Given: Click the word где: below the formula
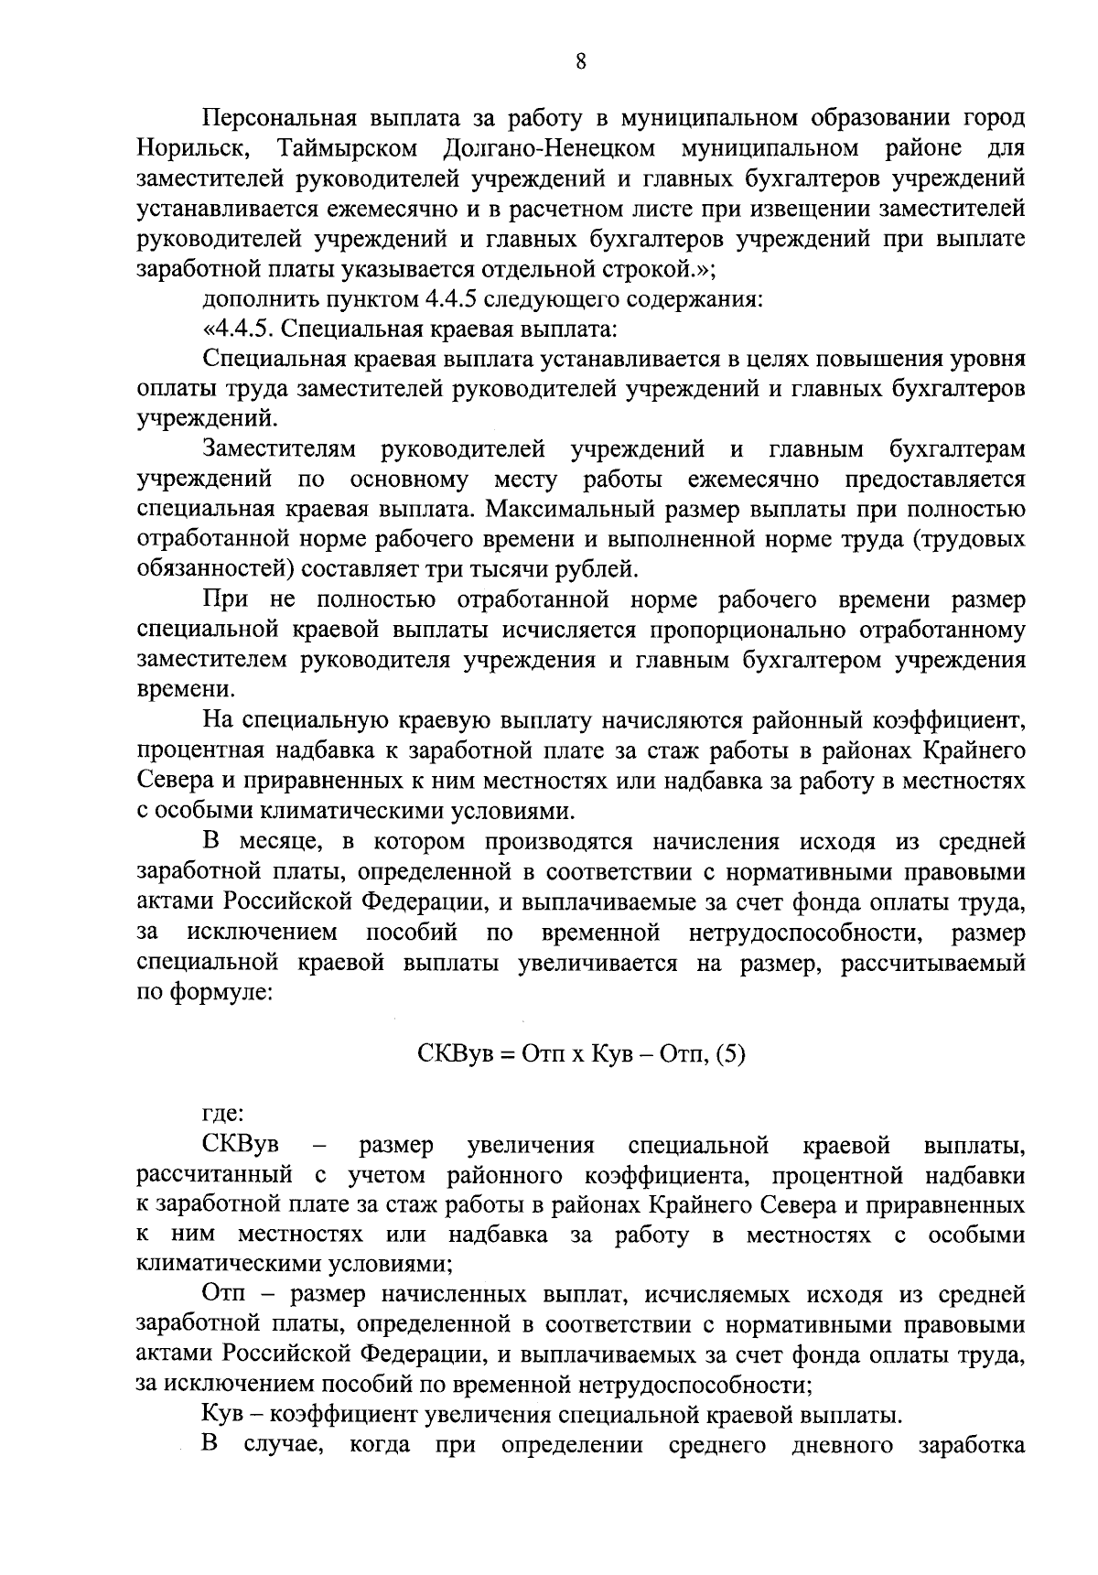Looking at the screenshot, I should coord(222,1114).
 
